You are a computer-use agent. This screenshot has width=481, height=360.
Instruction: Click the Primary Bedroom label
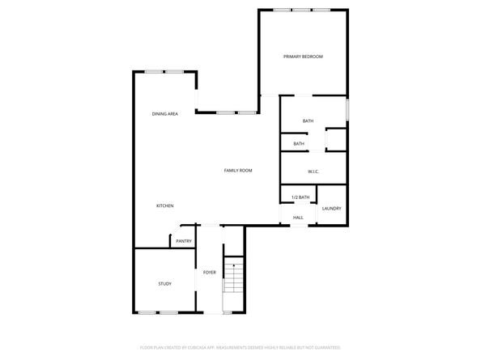pos(303,57)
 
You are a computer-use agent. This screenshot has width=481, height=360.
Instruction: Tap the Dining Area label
pos(165,114)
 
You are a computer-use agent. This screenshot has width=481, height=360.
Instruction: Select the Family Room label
pos(239,171)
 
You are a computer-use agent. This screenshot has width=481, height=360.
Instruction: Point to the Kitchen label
pos(165,206)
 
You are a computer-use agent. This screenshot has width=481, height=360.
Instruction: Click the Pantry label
pos(184,241)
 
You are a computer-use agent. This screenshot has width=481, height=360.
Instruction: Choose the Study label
pos(164,284)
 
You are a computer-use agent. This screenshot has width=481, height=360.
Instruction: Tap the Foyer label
pos(209,272)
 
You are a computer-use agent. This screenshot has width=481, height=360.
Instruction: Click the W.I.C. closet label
pos(314,172)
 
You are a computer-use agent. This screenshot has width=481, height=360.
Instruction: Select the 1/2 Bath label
pos(300,197)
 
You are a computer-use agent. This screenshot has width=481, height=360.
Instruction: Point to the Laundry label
pos(331,209)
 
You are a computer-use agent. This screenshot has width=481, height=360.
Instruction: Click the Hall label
pos(298,218)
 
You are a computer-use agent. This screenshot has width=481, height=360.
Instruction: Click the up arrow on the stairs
pos(234,264)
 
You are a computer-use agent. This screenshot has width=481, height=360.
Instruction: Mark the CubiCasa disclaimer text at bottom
pos(240,346)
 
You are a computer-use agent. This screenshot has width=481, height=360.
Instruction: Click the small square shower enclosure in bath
pos(335,140)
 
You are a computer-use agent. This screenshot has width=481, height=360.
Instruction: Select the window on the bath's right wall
pos(347,109)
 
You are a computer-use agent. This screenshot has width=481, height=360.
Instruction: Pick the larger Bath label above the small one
pos(308,121)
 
